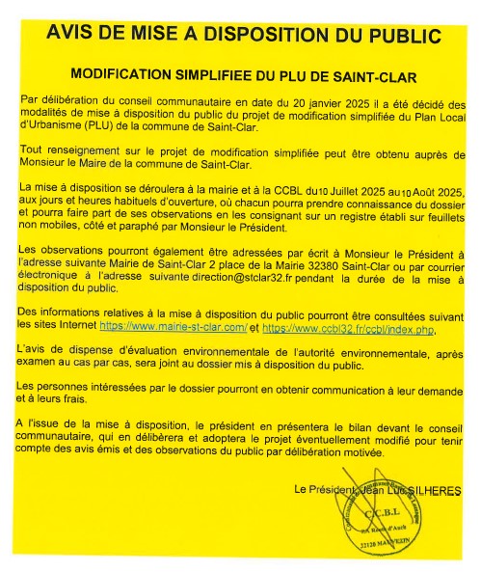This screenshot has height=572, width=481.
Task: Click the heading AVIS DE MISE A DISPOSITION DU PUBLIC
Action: point(245,36)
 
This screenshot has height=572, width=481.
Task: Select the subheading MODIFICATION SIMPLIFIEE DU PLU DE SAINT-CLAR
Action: point(244,74)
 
